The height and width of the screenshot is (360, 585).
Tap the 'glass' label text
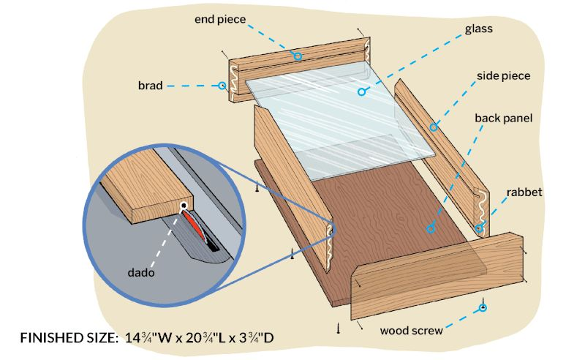point(479,30)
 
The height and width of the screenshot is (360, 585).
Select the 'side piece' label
point(503,76)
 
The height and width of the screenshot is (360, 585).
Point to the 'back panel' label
point(504,118)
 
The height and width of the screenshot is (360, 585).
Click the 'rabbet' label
point(524,192)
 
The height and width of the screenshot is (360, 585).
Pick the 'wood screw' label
point(411,331)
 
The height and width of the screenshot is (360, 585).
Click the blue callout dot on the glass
point(361,91)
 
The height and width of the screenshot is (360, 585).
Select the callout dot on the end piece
point(298,56)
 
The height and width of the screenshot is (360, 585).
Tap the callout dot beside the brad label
point(222,86)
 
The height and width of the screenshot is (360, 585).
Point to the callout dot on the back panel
point(430,229)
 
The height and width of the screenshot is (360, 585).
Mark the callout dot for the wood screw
point(483,308)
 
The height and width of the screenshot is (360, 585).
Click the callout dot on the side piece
point(434,127)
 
